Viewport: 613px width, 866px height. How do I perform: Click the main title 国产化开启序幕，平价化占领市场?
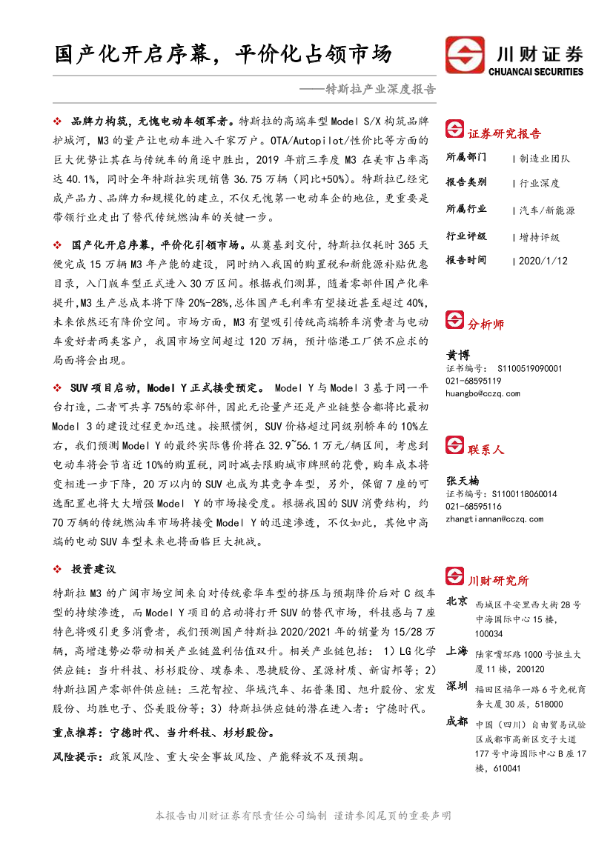click(x=223, y=53)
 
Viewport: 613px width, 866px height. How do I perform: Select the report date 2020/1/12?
click(x=543, y=261)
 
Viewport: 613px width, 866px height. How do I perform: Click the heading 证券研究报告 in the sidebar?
click(x=504, y=133)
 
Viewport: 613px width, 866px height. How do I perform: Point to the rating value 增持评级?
click(x=540, y=237)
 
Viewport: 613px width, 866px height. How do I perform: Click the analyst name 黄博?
click(x=458, y=356)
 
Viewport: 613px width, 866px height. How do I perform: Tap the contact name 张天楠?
click(x=463, y=481)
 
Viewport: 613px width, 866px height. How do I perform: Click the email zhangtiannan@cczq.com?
click(x=494, y=519)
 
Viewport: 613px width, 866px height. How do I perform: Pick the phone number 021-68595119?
click(x=473, y=381)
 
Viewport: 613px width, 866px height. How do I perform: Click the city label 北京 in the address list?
click(x=457, y=600)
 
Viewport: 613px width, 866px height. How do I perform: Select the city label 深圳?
click(x=457, y=685)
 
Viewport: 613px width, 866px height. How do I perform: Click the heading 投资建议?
click(x=93, y=569)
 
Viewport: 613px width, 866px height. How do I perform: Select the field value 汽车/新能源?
click(x=548, y=210)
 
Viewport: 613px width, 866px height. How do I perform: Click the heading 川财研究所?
click(x=498, y=580)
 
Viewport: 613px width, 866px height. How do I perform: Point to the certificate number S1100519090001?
click(x=530, y=368)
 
